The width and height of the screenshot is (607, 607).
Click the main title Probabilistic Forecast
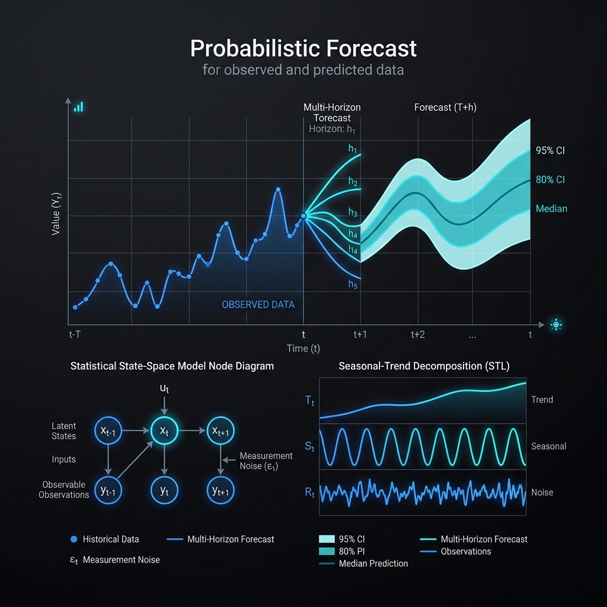point(303,49)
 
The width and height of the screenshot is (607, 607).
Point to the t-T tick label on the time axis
point(75,334)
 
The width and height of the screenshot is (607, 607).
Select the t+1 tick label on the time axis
point(360,334)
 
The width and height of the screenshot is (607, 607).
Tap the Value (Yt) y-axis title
point(56,213)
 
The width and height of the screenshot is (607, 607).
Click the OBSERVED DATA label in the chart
point(258,305)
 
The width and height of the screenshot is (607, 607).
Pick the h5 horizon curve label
point(353,285)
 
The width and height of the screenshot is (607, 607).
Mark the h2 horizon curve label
point(353,181)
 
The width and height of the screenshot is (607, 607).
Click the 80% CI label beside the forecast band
point(550,180)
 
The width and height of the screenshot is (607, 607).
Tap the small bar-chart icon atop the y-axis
point(79,107)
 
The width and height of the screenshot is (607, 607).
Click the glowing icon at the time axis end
point(556,325)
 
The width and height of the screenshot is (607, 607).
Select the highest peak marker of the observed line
point(278,189)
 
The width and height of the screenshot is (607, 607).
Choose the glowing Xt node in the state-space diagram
point(164,430)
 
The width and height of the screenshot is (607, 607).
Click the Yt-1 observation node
point(108,490)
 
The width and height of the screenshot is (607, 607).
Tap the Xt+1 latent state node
point(221,430)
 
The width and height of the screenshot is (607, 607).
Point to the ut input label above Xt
point(164,388)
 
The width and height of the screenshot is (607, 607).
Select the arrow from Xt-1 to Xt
point(136,430)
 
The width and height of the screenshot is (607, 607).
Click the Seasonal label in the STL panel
point(548,446)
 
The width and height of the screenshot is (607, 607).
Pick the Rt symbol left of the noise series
point(309,493)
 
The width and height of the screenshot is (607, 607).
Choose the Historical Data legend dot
point(74,539)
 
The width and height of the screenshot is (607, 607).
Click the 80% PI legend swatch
point(327,551)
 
